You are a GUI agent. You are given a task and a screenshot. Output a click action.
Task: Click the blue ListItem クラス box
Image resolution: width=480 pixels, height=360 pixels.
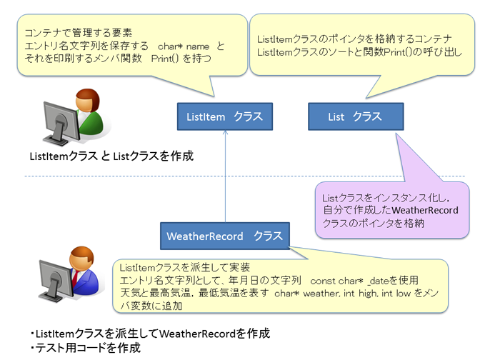click(x=225, y=116)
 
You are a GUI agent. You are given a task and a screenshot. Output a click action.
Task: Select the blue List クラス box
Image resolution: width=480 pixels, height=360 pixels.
click(x=356, y=116)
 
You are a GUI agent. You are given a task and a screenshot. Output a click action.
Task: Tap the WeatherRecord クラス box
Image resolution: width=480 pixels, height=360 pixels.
click(x=225, y=236)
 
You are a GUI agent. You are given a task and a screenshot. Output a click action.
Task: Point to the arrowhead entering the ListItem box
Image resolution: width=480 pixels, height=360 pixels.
click(x=225, y=132)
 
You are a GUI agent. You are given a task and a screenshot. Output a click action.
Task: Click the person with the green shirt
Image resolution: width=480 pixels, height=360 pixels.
click(x=89, y=111)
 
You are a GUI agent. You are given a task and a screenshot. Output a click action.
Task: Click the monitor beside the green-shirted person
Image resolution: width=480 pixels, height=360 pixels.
click(x=61, y=123)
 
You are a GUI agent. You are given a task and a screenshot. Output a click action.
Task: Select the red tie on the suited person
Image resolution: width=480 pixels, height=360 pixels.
click(x=75, y=277)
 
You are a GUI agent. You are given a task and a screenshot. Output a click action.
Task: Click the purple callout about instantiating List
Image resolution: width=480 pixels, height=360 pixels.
click(x=392, y=210)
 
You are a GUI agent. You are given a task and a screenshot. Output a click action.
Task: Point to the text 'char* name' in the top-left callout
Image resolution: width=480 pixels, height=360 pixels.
click(x=184, y=46)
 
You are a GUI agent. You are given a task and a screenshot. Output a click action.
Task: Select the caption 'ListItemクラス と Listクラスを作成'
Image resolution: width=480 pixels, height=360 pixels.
click(x=111, y=156)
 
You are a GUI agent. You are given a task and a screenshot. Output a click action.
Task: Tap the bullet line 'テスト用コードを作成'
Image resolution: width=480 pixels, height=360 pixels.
click(x=86, y=348)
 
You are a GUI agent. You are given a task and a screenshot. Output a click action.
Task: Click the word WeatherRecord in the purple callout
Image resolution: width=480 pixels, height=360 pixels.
click(x=424, y=210)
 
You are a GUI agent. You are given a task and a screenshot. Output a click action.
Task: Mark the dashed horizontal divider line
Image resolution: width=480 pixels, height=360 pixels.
click(x=245, y=176)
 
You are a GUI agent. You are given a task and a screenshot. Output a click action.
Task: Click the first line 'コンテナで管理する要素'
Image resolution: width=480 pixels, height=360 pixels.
click(x=78, y=33)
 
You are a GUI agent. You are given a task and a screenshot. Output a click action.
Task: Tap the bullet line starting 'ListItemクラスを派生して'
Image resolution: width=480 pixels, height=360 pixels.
click(x=150, y=334)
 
